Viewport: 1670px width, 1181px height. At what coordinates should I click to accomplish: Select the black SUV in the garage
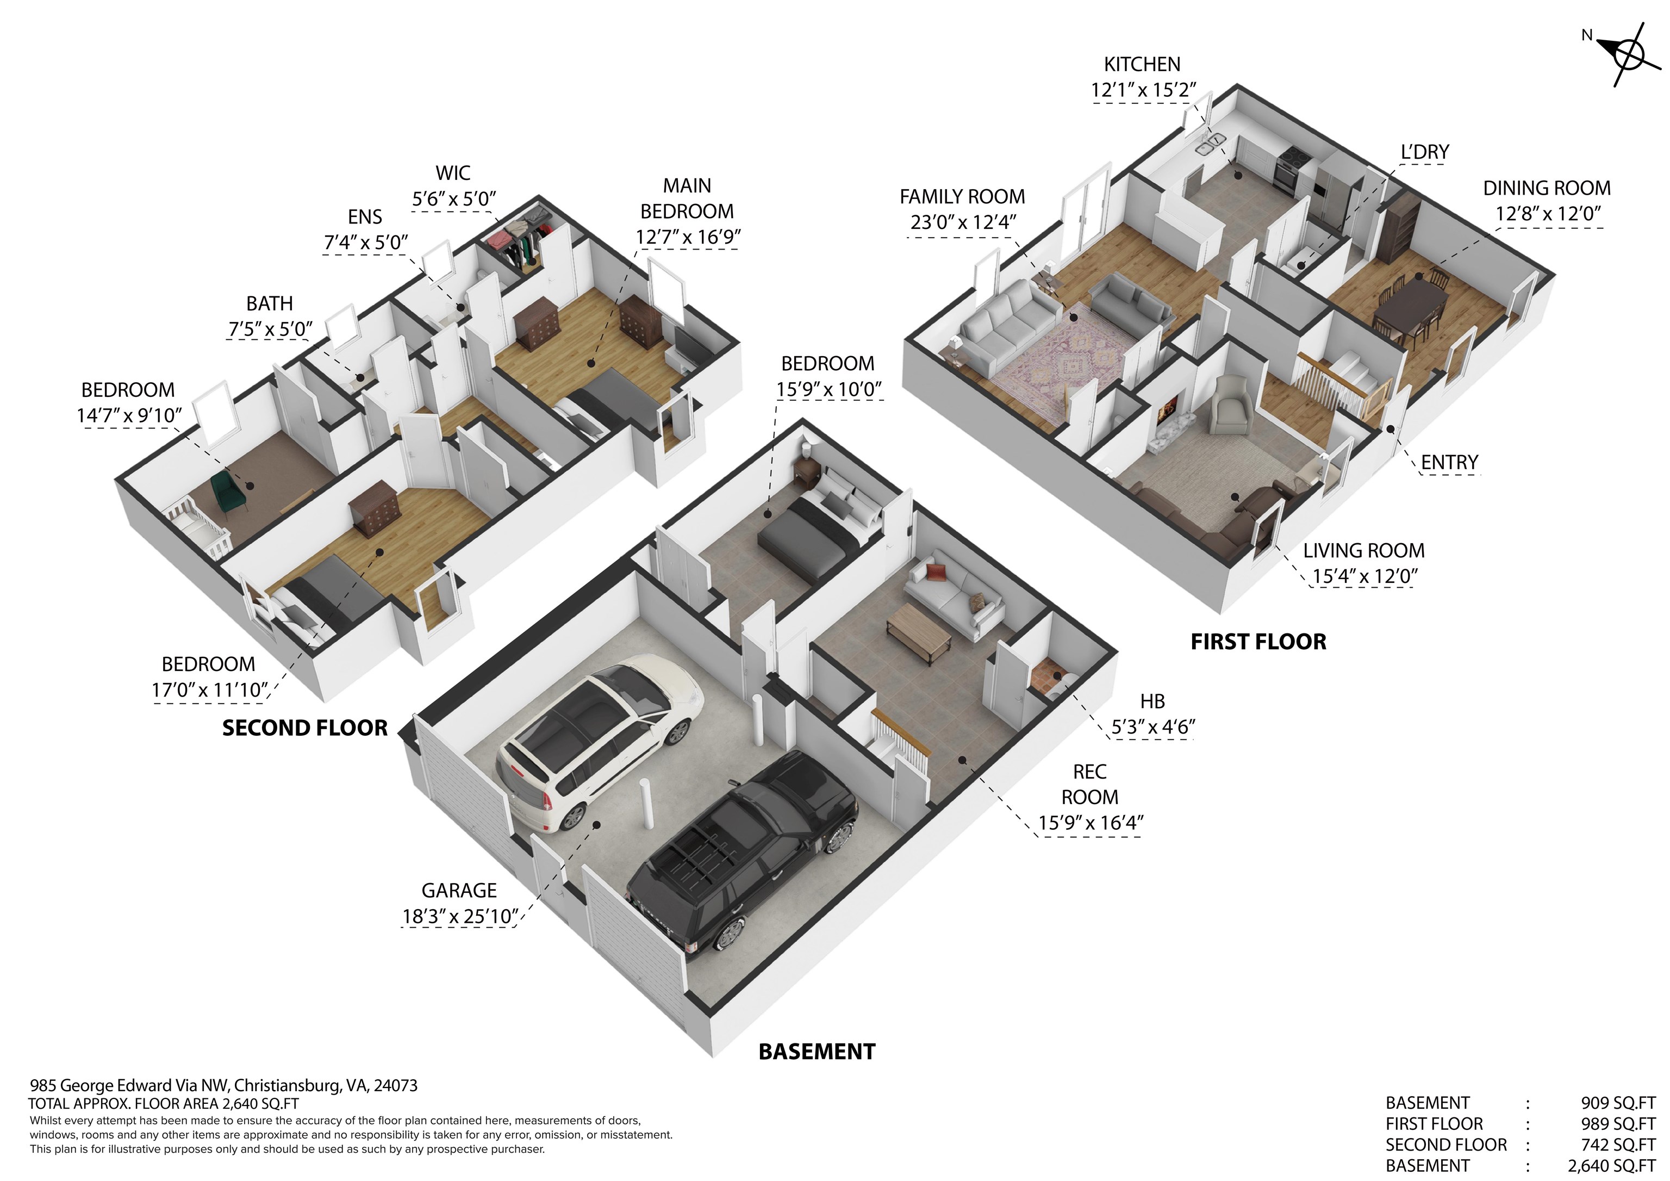tap(742, 855)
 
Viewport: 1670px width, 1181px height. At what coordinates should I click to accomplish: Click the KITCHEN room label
tap(1142, 64)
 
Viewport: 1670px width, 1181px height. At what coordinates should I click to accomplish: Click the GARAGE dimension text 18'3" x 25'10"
tap(460, 916)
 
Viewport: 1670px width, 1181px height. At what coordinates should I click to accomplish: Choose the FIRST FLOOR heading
tap(1258, 642)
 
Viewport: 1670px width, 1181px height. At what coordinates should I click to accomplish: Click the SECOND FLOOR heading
tap(305, 729)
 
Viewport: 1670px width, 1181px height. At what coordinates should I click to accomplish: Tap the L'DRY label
tap(1425, 152)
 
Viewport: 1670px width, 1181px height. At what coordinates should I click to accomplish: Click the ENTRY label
tap(1450, 462)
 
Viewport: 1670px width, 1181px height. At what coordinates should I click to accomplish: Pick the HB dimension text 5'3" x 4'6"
tap(1153, 727)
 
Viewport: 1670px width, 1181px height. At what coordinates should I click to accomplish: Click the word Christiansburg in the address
tap(288, 1086)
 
